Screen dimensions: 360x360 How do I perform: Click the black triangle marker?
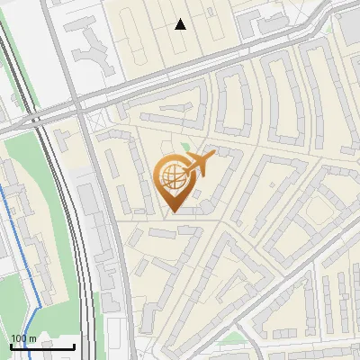click(x=181, y=24)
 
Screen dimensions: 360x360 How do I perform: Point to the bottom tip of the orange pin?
click(x=173, y=212)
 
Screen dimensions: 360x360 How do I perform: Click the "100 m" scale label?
click(x=23, y=338)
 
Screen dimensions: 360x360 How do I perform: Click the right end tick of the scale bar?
click(x=74, y=345)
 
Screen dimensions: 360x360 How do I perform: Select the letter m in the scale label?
click(x=31, y=338)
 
